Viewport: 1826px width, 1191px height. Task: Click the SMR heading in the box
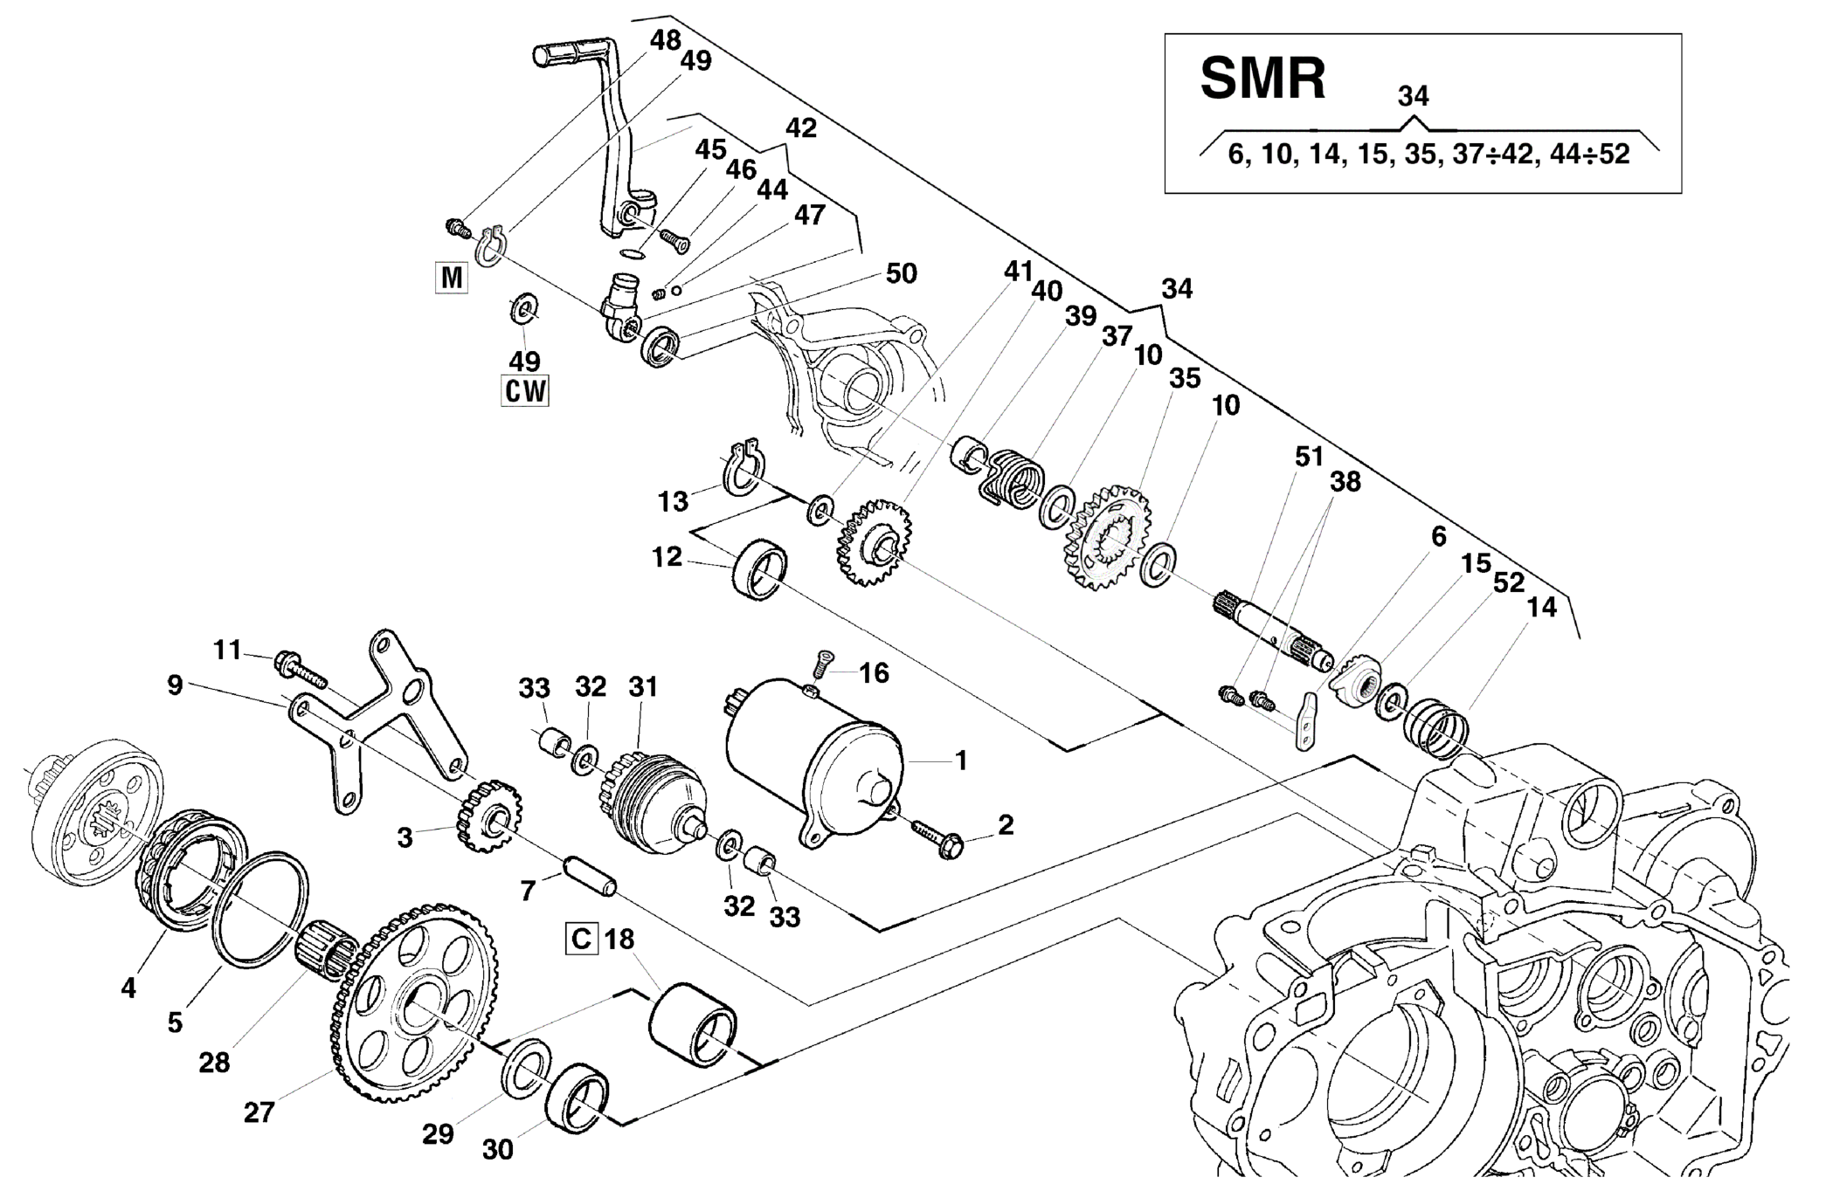(x=1262, y=79)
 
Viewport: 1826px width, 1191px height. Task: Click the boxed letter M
(x=452, y=278)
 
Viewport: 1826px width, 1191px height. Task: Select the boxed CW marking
(x=524, y=390)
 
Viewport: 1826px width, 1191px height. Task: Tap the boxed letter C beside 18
(x=581, y=940)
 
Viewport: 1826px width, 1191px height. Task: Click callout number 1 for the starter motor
(x=961, y=761)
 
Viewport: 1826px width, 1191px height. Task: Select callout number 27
(x=259, y=1112)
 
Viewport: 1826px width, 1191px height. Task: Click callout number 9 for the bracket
(x=175, y=685)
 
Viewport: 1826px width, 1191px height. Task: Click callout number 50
(x=901, y=273)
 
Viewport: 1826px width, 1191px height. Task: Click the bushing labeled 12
(x=759, y=569)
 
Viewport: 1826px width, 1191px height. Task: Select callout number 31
(x=642, y=687)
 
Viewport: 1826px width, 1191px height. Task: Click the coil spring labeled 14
(x=1434, y=726)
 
